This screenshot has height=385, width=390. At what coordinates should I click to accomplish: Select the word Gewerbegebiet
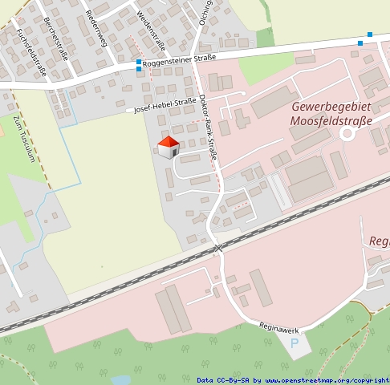331,107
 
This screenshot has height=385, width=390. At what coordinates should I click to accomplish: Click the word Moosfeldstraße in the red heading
331,121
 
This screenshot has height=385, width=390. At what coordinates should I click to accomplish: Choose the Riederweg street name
95,27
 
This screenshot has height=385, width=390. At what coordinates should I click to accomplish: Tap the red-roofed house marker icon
168,148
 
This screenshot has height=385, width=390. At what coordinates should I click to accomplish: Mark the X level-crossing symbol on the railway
217,249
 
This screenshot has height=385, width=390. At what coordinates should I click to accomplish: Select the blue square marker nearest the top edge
370,34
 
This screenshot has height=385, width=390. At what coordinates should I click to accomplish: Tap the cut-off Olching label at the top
206,10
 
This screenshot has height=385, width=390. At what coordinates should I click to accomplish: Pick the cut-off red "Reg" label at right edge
379,241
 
